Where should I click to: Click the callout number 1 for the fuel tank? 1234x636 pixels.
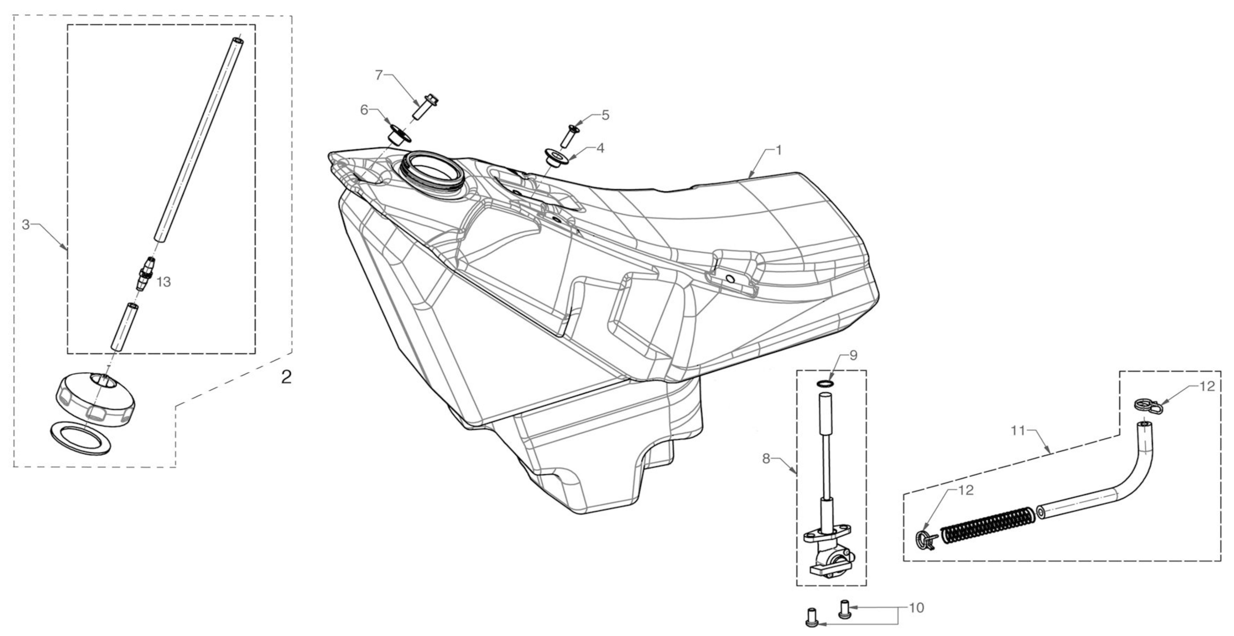coord(778,150)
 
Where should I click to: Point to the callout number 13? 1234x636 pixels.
coord(163,282)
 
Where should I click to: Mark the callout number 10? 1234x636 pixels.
coord(916,608)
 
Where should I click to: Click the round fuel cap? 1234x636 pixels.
coord(96,399)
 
